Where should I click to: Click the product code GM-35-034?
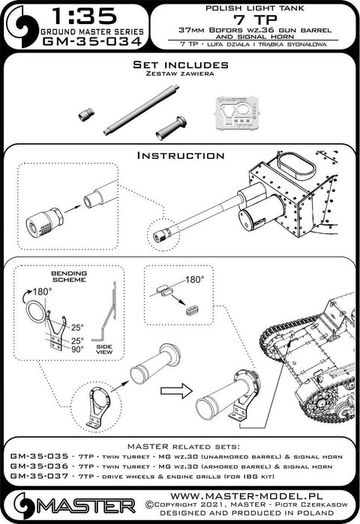click(x=92, y=42)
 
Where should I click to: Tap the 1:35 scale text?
click(x=85, y=16)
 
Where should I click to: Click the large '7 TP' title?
click(x=253, y=19)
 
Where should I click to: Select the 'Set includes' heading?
click(x=181, y=64)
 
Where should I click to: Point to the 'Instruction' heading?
click(x=181, y=155)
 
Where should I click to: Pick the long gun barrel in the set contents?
click(x=141, y=110)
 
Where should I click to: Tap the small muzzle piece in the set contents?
click(x=86, y=114)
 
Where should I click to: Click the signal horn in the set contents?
click(x=171, y=128)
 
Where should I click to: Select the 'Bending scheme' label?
click(x=69, y=277)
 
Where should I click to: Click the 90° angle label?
click(x=77, y=349)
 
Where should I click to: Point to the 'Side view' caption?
click(x=104, y=349)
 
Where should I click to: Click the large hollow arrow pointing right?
click(x=176, y=391)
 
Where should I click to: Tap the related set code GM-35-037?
click(x=39, y=476)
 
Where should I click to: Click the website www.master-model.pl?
click(x=247, y=496)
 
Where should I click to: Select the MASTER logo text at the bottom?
click(x=86, y=507)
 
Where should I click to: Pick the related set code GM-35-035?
click(x=39, y=457)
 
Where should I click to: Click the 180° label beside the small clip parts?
click(x=194, y=280)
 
